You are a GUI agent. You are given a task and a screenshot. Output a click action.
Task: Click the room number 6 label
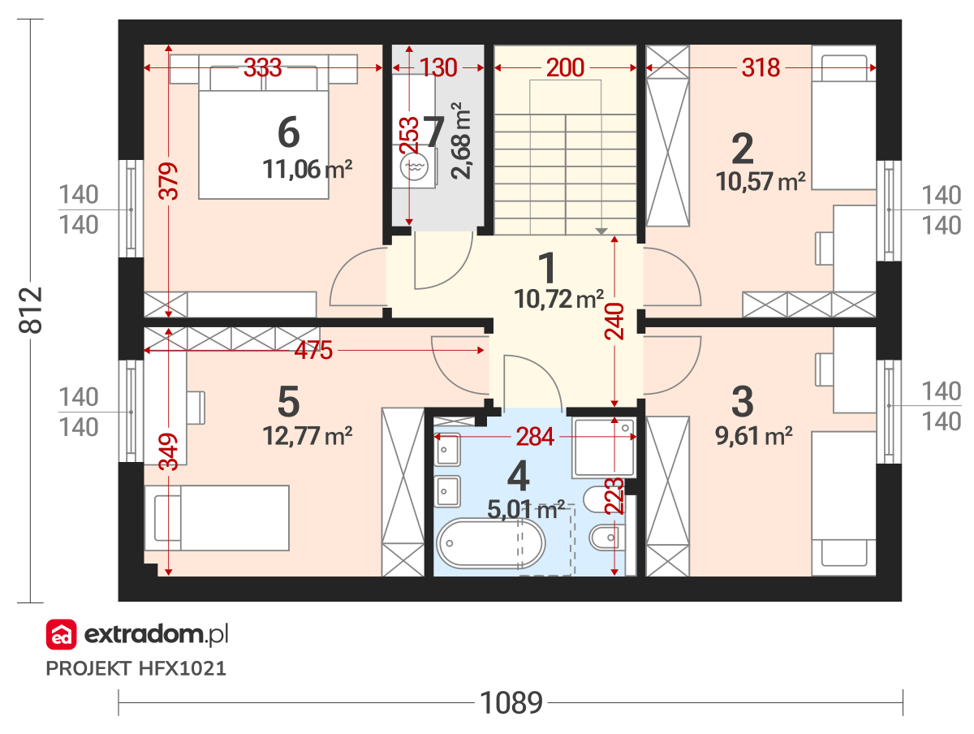[288, 132]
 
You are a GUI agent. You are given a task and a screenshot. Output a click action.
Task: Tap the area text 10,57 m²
[760, 182]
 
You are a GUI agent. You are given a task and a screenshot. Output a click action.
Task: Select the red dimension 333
[262, 67]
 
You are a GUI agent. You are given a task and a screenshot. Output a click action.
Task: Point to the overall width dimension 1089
[511, 702]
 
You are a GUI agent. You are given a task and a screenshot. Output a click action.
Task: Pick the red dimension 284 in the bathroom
[534, 437]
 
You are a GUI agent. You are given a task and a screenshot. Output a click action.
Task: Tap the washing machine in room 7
[414, 167]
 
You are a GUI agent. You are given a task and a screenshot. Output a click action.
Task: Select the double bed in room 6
[263, 127]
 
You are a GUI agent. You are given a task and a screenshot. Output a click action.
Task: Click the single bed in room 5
[217, 518]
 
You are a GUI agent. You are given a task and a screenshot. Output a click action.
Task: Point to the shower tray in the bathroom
[604, 447]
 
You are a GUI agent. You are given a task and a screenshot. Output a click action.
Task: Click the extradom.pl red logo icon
[61, 634]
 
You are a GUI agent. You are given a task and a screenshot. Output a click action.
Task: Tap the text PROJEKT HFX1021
[136, 668]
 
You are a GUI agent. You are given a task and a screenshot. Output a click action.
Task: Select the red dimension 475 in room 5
[313, 350]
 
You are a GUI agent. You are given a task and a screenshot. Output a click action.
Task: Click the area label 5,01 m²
[525, 509]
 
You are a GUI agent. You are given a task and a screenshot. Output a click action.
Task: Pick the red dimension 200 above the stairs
[564, 67]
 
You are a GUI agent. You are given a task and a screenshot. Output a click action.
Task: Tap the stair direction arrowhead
[601, 231]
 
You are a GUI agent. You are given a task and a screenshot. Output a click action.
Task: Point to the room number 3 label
[743, 401]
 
